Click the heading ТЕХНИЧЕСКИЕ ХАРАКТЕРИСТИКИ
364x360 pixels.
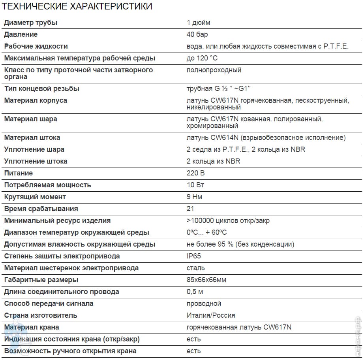(x=77, y=6)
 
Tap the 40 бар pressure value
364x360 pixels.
(x=197, y=34)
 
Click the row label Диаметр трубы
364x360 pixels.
(x=30, y=23)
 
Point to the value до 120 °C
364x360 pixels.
(x=202, y=58)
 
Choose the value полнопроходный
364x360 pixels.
(x=214, y=70)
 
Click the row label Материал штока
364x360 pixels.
(x=32, y=138)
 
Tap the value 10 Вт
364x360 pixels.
(x=195, y=185)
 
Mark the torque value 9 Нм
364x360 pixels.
(x=195, y=197)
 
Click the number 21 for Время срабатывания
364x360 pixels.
(x=190, y=209)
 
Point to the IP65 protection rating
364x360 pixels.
(x=193, y=256)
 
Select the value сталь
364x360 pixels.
(x=195, y=268)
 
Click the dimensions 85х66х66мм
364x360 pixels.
(x=206, y=280)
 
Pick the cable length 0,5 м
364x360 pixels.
(x=195, y=292)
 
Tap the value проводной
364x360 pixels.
(x=204, y=303)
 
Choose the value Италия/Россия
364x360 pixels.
(x=210, y=315)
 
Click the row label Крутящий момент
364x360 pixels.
(x=35, y=197)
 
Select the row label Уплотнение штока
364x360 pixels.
(x=36, y=161)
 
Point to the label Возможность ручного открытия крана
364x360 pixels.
(x=70, y=351)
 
